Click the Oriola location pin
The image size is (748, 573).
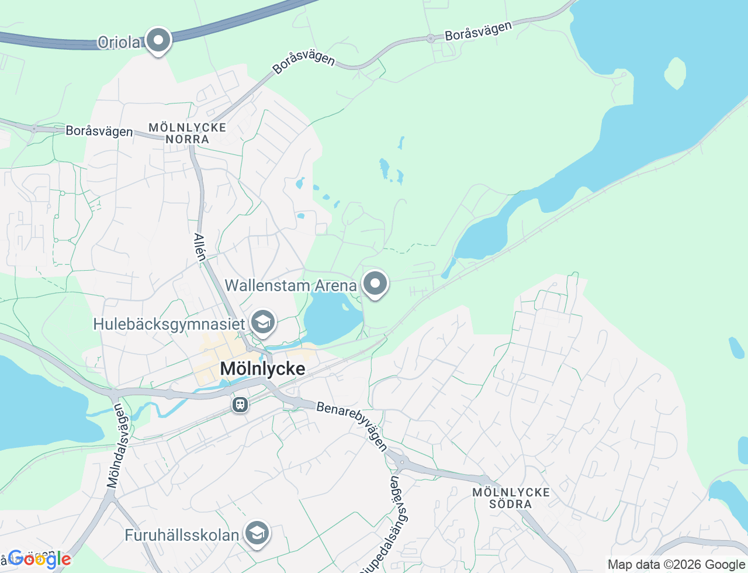pos(158,41)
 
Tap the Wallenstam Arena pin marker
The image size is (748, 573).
pos(375,284)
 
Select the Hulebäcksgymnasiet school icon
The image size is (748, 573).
pos(262,322)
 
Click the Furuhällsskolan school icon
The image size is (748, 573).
pos(257,533)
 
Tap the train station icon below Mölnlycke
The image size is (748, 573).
pos(240,405)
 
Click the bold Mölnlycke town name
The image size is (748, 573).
pos(262,368)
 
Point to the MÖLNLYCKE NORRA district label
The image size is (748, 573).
pos(187,133)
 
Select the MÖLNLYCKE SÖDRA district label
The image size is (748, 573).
pos(511,498)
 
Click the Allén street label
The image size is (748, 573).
pos(200,246)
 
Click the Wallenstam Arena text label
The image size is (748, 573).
pos(290,285)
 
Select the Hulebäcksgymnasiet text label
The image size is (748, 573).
pos(169,323)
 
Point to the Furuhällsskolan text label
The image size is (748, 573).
pos(182,534)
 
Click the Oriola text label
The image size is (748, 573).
pos(119,42)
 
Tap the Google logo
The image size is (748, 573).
pos(39,560)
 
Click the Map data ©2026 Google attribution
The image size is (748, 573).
pos(676,564)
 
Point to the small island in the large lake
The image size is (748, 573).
pos(675,73)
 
